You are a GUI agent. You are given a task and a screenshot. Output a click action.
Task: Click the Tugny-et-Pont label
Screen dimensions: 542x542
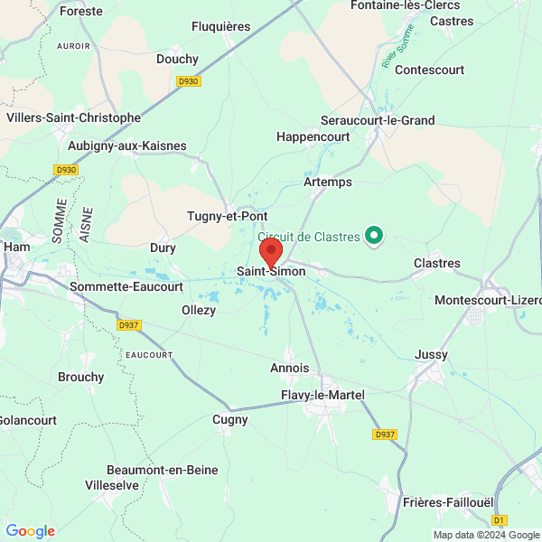pyautogui.click(x=227, y=216)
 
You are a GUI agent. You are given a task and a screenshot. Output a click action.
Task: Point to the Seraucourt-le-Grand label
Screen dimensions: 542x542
pyautogui.click(x=378, y=120)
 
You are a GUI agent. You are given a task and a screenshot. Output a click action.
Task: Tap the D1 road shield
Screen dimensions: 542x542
pyautogui.click(x=499, y=519)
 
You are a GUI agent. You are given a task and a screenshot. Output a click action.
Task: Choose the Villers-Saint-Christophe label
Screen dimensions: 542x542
pyautogui.click(x=73, y=117)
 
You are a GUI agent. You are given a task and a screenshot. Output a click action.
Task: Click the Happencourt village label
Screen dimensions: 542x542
pyautogui.click(x=312, y=136)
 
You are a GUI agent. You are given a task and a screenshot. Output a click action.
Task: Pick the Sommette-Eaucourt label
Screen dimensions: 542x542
pyautogui.click(x=126, y=286)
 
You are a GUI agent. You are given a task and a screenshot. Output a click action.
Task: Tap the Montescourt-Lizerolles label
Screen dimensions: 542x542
pyautogui.click(x=489, y=300)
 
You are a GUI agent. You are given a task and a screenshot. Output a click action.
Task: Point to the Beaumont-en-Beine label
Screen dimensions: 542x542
pyautogui.click(x=163, y=470)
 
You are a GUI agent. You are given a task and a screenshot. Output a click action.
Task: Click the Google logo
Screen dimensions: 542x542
pyautogui.click(x=30, y=531)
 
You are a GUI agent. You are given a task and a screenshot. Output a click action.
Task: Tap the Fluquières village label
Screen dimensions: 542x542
pyautogui.click(x=220, y=27)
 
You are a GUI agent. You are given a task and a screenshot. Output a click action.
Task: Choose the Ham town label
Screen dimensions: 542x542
pyautogui.click(x=17, y=246)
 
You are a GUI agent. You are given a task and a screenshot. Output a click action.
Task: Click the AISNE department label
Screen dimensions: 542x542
pyautogui.click(x=87, y=224)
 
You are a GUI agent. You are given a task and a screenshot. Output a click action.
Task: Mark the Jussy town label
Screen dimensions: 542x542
pyautogui.click(x=431, y=355)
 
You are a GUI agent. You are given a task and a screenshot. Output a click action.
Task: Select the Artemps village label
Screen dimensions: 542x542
pyautogui.click(x=328, y=182)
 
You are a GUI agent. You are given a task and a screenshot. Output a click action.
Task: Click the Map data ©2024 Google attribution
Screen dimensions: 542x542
pyautogui.click(x=486, y=535)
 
